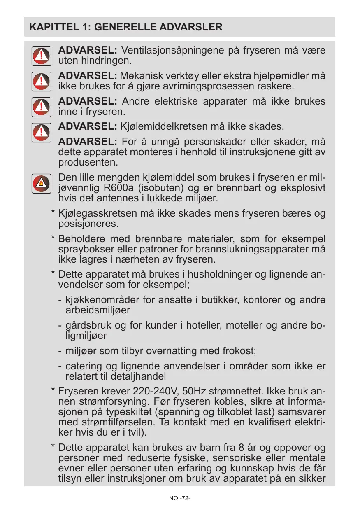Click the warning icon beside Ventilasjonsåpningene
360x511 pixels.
coord(42,56)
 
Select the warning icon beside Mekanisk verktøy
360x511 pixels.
coord(42,81)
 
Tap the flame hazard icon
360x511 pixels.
coord(42,183)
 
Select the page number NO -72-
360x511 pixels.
coord(180,498)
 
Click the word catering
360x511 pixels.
coord(81,366)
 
